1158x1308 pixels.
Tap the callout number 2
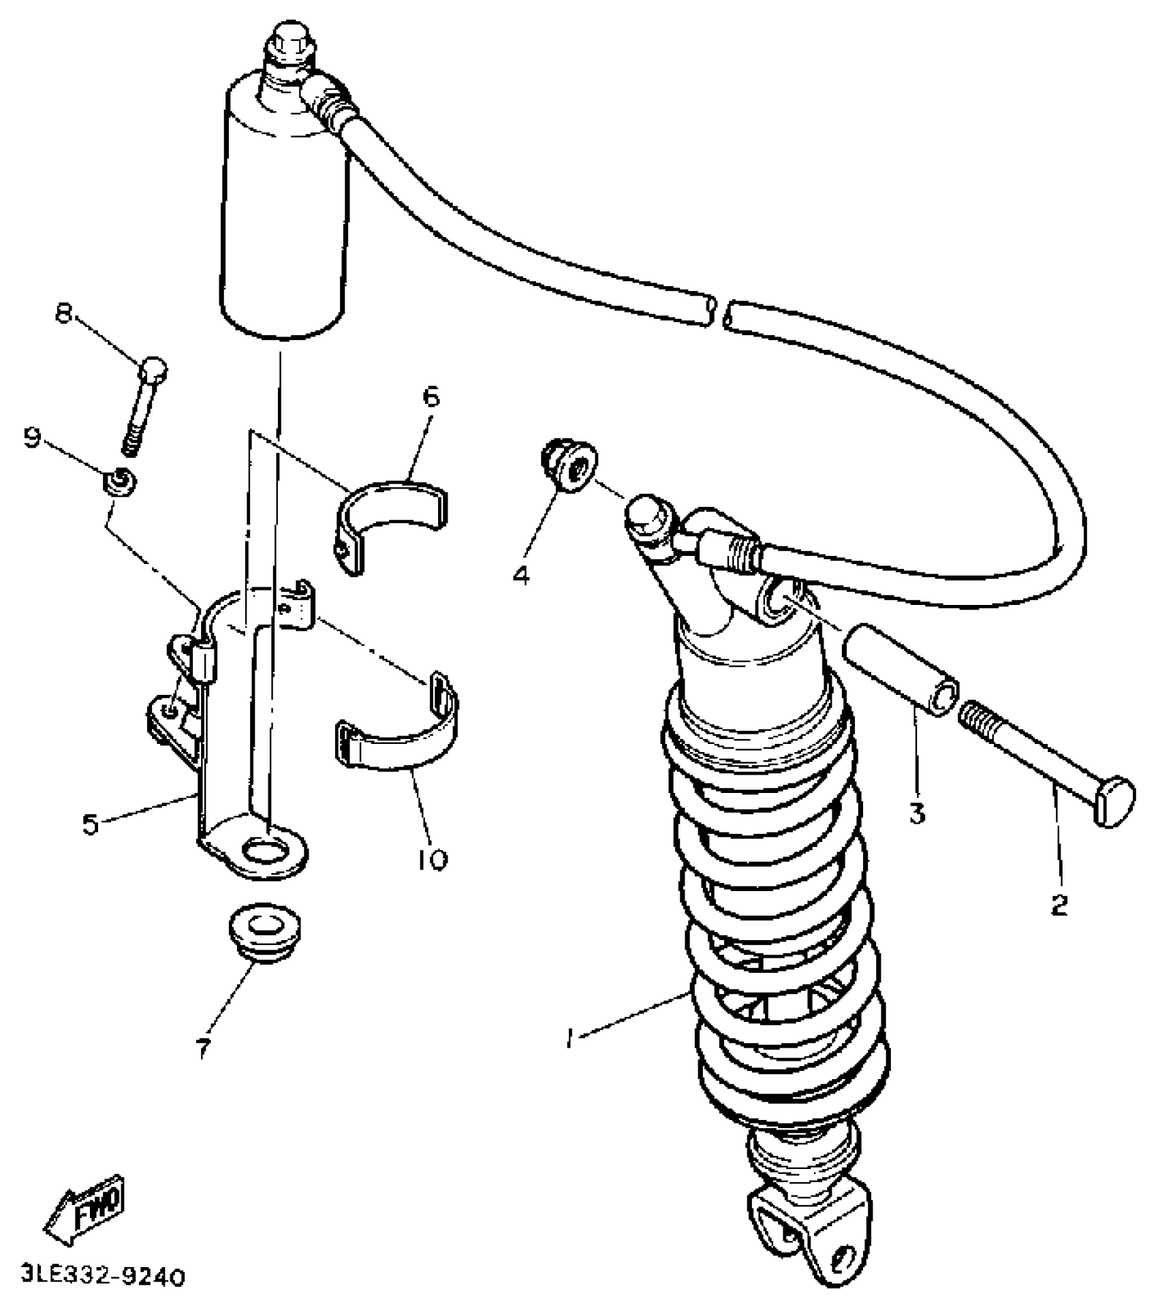click(x=1059, y=905)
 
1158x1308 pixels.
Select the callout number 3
click(x=917, y=813)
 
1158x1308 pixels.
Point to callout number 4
click(x=520, y=576)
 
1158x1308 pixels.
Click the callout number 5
click(x=91, y=824)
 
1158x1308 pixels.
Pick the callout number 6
click(x=432, y=396)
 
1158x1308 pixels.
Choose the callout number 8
click(x=63, y=315)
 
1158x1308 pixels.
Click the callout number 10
click(x=431, y=859)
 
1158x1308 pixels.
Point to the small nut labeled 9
click(x=119, y=481)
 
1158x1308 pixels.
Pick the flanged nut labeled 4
click(x=571, y=465)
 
